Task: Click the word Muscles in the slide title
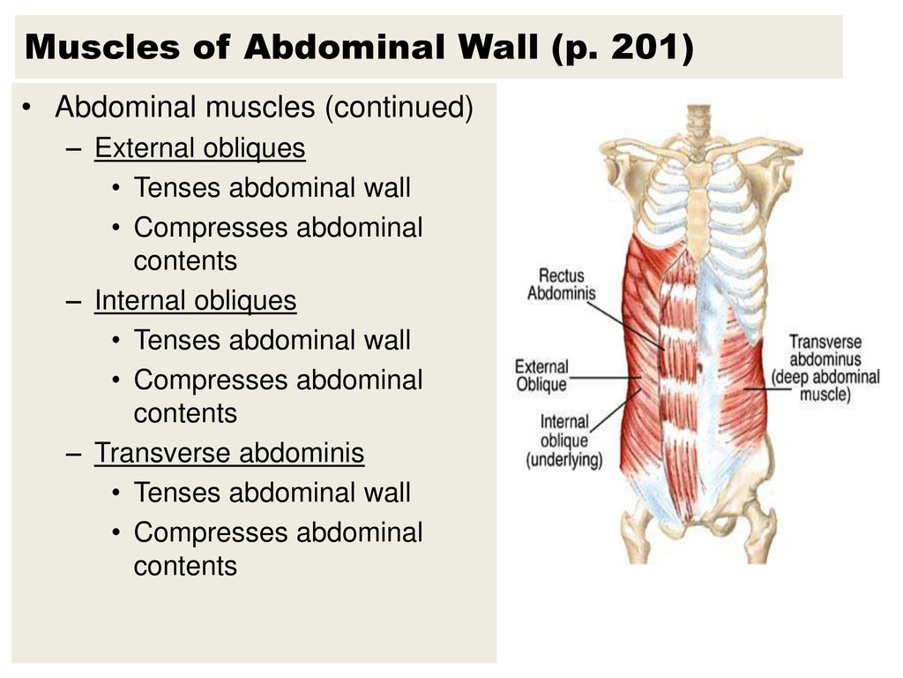point(102,47)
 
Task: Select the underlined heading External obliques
point(200,148)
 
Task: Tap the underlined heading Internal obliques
point(196,301)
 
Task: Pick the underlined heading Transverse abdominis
point(229,453)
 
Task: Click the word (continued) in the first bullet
point(399,107)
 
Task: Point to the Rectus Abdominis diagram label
point(562,284)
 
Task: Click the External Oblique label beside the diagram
point(542,376)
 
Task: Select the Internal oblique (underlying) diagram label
point(564,441)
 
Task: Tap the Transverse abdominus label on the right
point(825,350)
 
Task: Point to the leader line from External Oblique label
point(605,378)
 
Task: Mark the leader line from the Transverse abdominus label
point(767,389)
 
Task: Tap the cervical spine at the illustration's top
point(698,124)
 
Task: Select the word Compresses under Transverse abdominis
point(211,533)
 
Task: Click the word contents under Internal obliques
point(185,414)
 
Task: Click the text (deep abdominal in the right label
point(825,377)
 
